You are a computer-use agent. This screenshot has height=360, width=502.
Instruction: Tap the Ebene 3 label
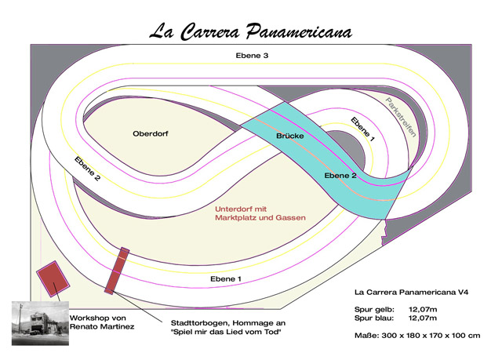[252, 56]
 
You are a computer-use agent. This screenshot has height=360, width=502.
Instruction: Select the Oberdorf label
[151, 133]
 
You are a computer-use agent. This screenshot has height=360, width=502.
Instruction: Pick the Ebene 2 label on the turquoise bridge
[340, 176]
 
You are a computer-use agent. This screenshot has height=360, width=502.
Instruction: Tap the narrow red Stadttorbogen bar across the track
[116, 270]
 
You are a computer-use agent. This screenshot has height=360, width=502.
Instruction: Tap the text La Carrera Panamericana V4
[413, 292]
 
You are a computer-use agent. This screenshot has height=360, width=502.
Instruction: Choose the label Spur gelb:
[373, 311]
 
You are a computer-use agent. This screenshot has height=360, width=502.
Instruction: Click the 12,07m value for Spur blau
[424, 319]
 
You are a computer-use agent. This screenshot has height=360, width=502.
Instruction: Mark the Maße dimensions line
[417, 336]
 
